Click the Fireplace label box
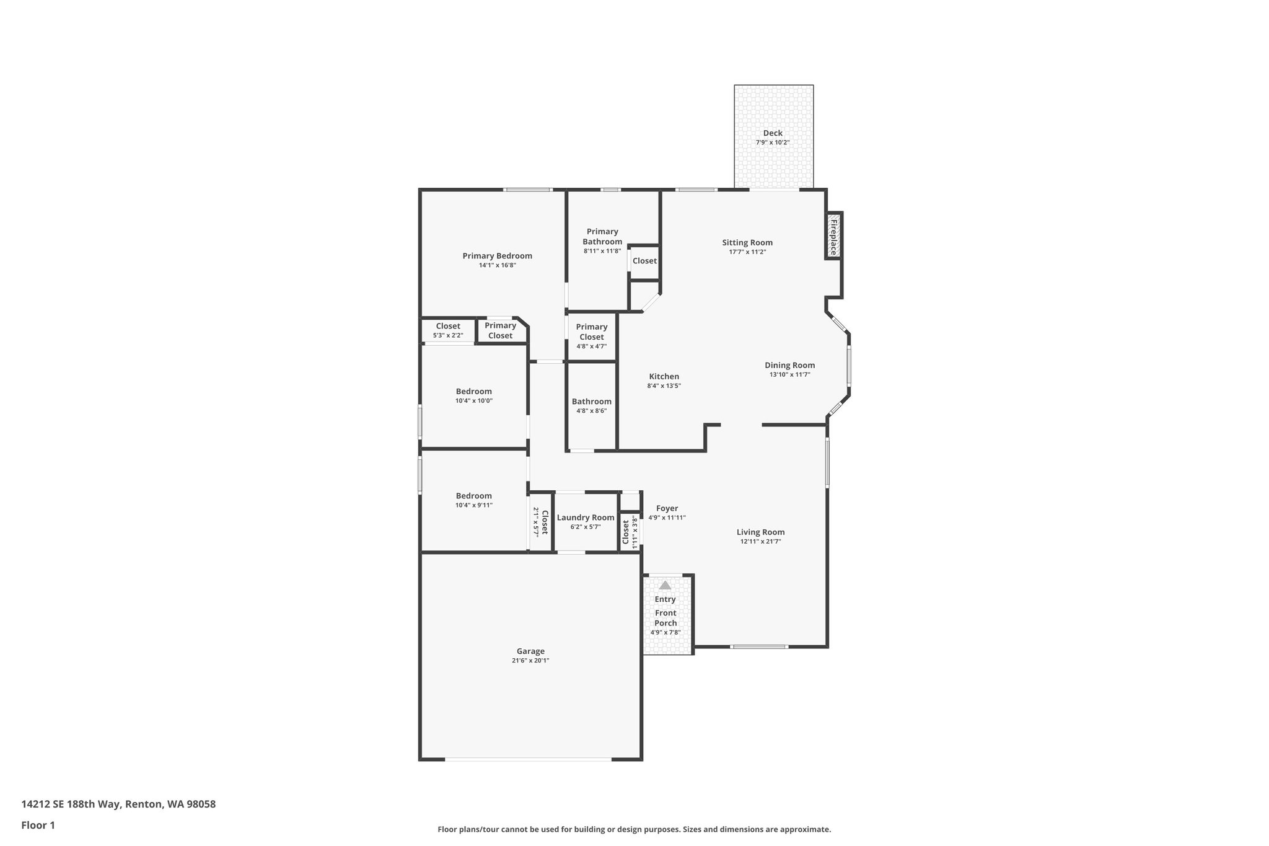[833, 235]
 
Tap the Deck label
[772, 133]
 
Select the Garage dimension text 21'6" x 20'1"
[530, 661]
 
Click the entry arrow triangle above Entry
[665, 585]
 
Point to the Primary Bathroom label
[602, 237]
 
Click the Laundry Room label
[586, 518]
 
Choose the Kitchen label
[664, 376]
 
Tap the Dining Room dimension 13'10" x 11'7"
[789, 375]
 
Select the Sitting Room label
[747, 242]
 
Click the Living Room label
[760, 532]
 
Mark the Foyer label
[667, 508]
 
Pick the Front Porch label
[665, 618]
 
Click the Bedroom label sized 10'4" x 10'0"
[473, 391]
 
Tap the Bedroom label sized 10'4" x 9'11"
[473, 496]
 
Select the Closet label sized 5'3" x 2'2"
[447, 326]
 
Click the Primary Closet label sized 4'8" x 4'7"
[591, 332]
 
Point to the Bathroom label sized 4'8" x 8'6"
[591, 402]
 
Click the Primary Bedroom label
[497, 256]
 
